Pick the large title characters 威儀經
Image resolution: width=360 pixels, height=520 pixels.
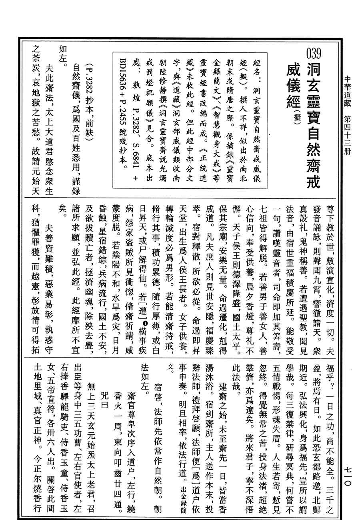point(296,84)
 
